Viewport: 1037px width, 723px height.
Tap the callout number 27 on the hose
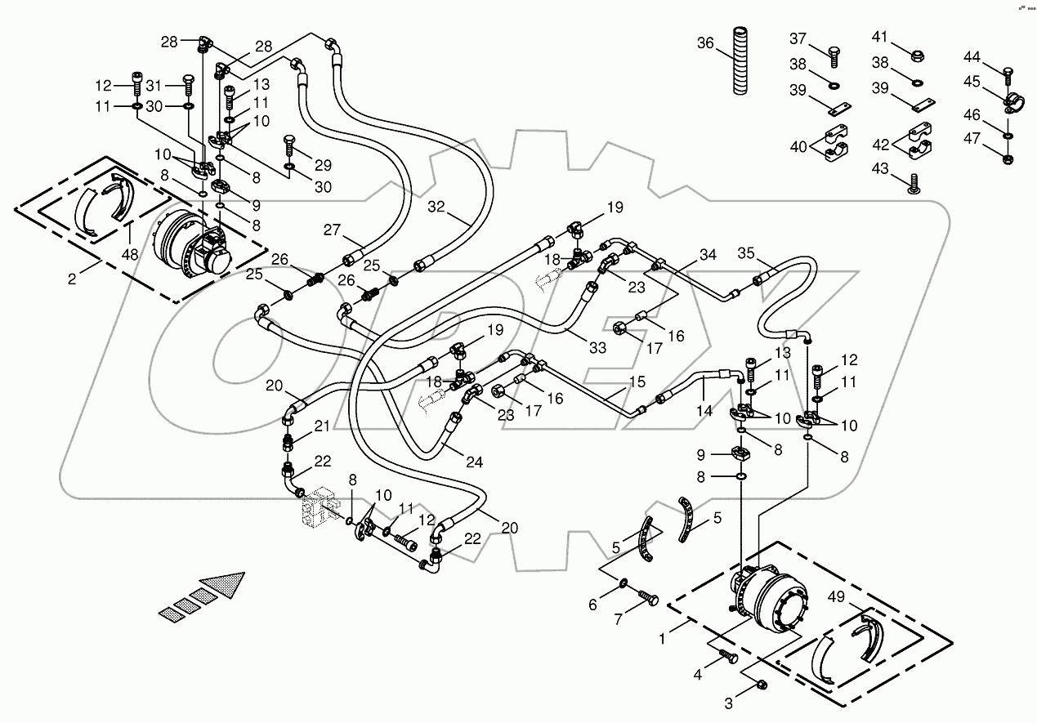point(331,230)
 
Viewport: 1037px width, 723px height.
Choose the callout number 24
point(474,462)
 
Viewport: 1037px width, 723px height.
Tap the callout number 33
point(597,347)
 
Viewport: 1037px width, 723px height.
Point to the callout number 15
point(637,382)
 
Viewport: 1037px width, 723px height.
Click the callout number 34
point(707,255)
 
